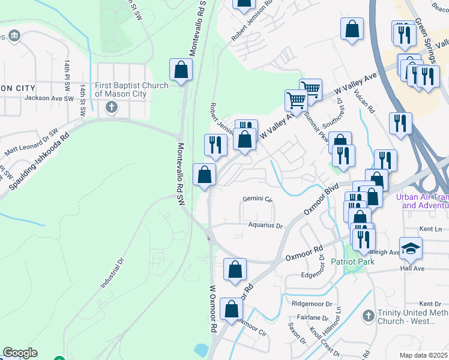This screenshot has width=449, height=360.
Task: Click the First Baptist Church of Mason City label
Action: point(131,89)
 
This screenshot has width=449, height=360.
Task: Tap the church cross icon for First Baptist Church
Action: point(110,108)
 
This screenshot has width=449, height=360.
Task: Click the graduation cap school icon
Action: point(411,248)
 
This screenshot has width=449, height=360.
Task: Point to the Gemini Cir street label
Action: point(258,199)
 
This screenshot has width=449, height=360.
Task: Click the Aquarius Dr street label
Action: point(265,226)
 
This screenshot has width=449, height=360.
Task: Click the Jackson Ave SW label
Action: point(49,98)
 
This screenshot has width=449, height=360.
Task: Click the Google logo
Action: point(20,353)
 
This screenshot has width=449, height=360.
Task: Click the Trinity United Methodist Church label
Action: point(413,317)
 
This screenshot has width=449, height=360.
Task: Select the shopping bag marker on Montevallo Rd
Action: point(181,71)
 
